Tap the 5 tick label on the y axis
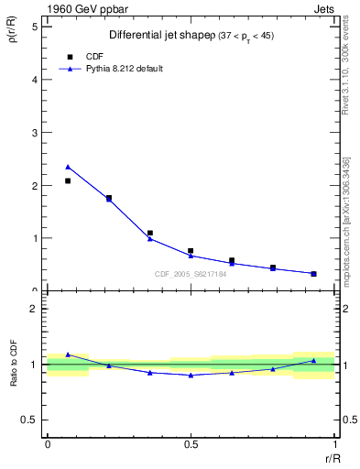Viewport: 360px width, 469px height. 34,27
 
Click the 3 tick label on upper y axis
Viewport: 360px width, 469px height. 34,133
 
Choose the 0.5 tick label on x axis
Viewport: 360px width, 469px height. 191,443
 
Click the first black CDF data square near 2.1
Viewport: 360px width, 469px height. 68,180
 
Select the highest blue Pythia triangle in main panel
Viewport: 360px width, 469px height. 68,167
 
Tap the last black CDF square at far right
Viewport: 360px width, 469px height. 313,273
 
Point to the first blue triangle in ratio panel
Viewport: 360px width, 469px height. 68,354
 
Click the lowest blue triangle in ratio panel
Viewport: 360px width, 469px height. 191,375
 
